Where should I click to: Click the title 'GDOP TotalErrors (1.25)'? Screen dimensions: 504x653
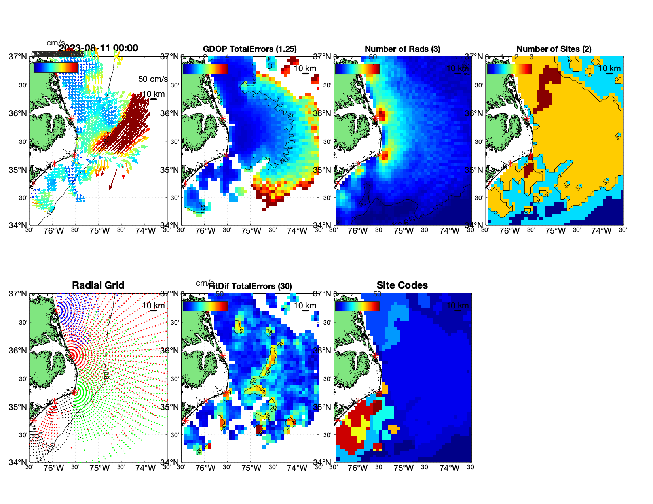coord(249,49)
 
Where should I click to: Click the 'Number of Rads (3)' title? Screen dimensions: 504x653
coord(402,49)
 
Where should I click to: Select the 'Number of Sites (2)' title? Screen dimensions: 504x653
coord(554,49)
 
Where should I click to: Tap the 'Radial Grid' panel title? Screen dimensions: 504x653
coord(98,285)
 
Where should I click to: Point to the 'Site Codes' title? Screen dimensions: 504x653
coord(402,285)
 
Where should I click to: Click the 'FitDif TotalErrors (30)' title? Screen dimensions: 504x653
coord(250,286)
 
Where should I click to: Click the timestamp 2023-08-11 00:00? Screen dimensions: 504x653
coord(99,48)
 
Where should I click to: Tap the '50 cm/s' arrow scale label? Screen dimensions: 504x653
coord(153,79)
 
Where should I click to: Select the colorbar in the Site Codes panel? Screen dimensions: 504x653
coord(357,306)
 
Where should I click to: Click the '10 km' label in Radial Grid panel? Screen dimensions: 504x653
coord(153,306)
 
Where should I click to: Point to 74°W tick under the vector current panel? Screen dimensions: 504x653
coord(145,231)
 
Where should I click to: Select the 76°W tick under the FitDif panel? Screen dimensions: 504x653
coord(205,468)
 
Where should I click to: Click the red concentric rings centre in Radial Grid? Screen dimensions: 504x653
coord(72,355)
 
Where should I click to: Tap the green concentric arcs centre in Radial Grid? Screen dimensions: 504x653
coord(74,392)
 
